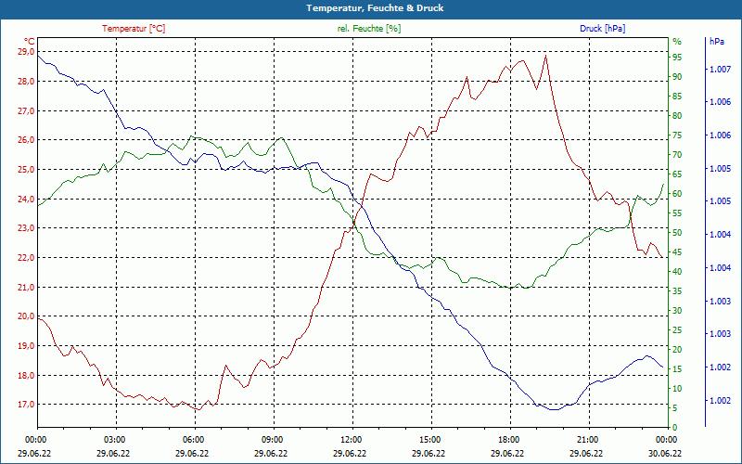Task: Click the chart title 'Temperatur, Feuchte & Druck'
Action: coord(370,8)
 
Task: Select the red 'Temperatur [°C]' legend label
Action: coord(134,29)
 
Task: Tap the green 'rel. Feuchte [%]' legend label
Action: coord(369,29)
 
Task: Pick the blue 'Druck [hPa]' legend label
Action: coord(602,29)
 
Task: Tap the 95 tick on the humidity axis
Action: coord(677,57)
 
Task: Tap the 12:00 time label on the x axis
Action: coord(351,439)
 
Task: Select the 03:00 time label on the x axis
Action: coord(115,439)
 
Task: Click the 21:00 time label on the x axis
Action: coord(587,439)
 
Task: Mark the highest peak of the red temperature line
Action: coord(546,56)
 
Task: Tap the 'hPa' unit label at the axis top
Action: coord(717,42)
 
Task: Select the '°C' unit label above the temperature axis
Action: coord(29,42)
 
